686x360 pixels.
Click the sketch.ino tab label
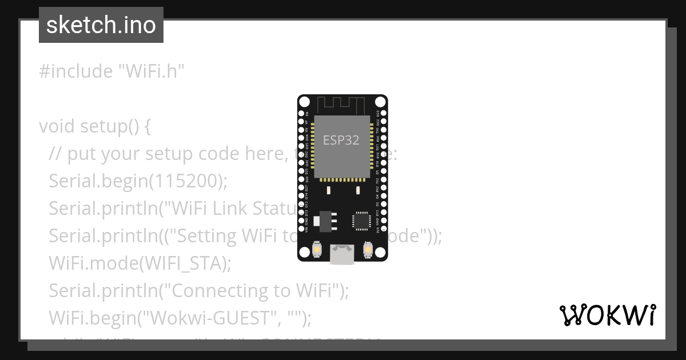click(101, 26)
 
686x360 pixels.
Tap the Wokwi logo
click(608, 315)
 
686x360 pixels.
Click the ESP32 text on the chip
click(341, 140)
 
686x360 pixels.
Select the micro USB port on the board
click(342, 255)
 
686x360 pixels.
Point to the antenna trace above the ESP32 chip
click(341, 105)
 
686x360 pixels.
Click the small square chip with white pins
click(362, 221)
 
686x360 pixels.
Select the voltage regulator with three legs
click(325, 219)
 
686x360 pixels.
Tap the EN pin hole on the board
click(301, 114)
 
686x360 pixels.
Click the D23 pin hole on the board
click(384, 114)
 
